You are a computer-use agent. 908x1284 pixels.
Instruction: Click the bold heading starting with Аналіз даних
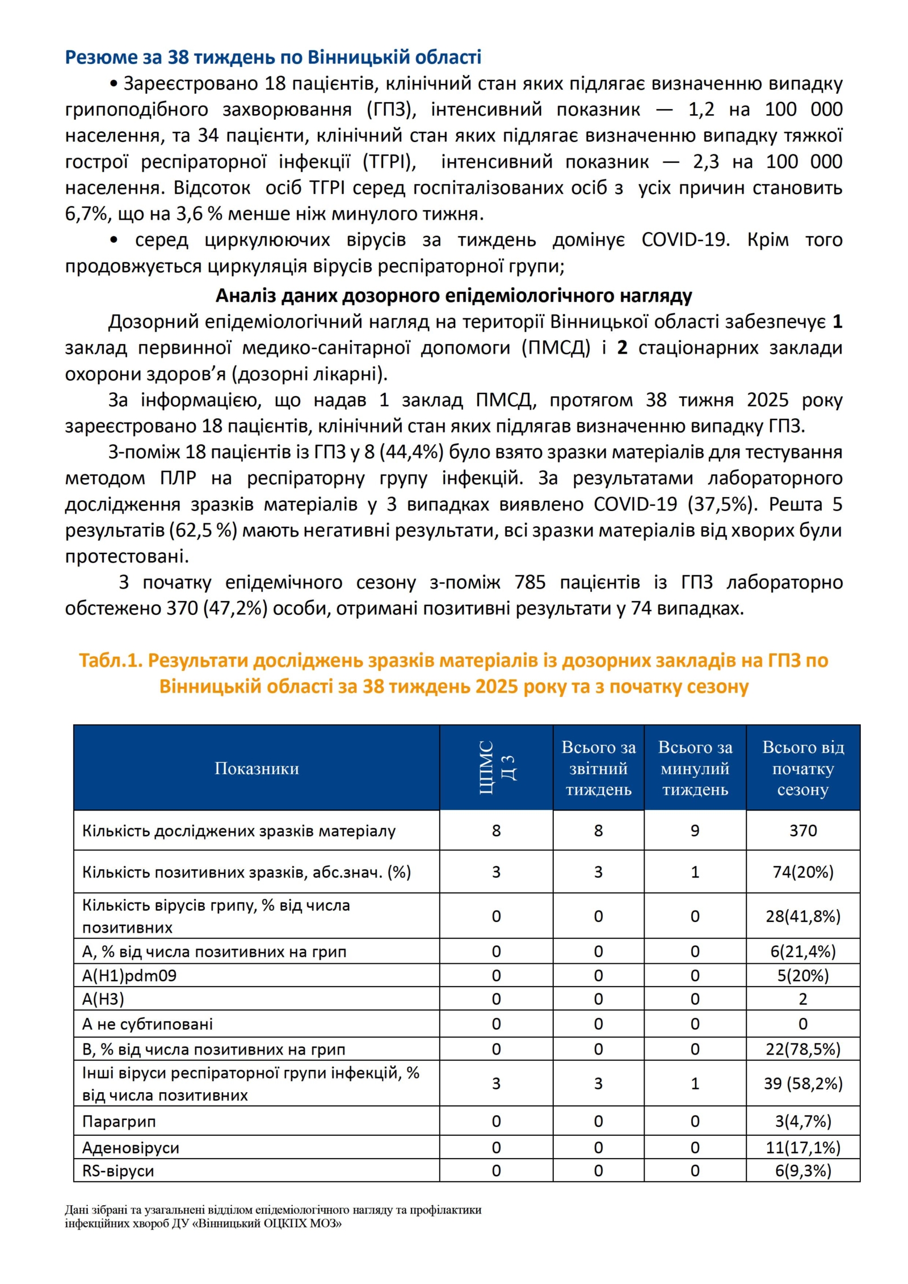pyautogui.click(x=453, y=295)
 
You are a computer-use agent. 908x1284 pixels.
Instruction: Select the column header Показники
pyautogui.click(x=257, y=768)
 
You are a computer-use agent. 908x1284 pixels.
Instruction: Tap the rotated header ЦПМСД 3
pyautogui.click(x=496, y=767)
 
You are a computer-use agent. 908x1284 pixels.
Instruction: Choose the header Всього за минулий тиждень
pyautogui.click(x=695, y=768)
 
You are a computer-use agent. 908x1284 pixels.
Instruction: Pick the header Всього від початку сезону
pyautogui.click(x=802, y=768)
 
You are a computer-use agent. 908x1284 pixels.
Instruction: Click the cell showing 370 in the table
pyautogui.click(x=802, y=830)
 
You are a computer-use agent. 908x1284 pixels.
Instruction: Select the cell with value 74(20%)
pyautogui.click(x=802, y=872)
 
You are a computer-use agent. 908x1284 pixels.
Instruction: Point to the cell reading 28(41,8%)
pyautogui.click(x=802, y=916)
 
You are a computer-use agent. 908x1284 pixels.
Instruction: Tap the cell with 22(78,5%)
pyautogui.click(x=802, y=1049)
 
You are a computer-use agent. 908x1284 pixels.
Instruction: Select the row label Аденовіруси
pyautogui.click(x=131, y=1148)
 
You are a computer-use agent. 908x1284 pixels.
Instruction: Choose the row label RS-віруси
pyautogui.click(x=118, y=1170)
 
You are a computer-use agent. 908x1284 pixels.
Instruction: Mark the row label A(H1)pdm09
pyautogui.click(x=129, y=975)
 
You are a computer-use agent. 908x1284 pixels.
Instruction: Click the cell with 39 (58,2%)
pyautogui.click(x=802, y=1083)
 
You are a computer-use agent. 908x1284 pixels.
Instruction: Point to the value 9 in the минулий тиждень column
pyautogui.click(x=695, y=830)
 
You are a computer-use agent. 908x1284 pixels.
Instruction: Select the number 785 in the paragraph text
pyautogui.click(x=529, y=582)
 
